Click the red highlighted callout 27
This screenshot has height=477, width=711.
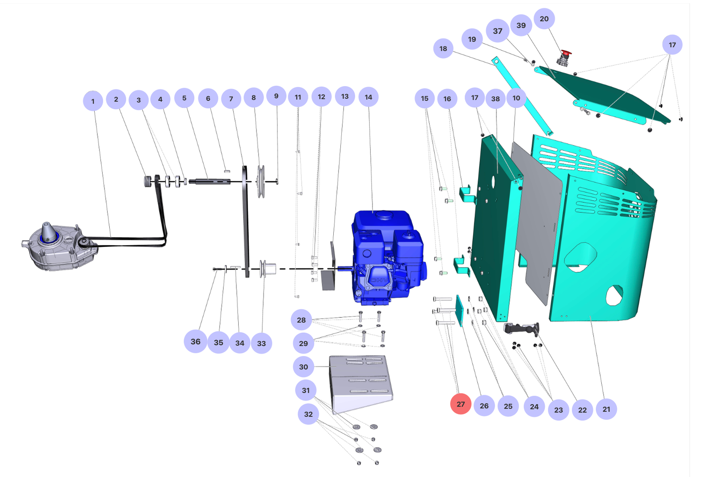[460, 404]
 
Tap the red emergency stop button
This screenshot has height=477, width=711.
[566, 54]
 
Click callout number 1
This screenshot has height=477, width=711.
[93, 101]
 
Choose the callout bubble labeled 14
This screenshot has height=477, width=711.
[368, 97]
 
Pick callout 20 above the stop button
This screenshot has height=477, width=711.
[544, 19]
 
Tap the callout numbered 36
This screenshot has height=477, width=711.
[196, 341]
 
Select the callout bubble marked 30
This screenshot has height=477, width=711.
[304, 366]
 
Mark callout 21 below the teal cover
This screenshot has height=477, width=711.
[606, 409]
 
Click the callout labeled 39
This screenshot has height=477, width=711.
[521, 25]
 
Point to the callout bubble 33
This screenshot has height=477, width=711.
[261, 343]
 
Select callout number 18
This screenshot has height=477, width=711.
[443, 48]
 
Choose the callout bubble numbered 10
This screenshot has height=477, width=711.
[516, 98]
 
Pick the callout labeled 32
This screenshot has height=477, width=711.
[308, 414]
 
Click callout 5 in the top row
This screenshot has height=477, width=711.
[184, 98]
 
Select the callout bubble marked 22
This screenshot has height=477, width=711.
[582, 409]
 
